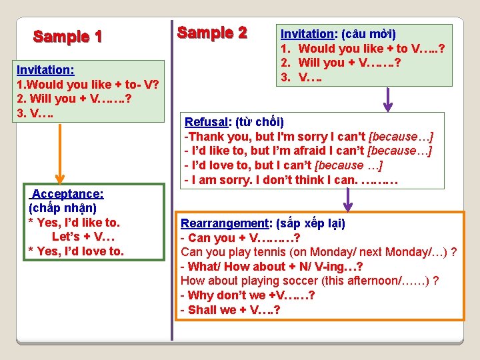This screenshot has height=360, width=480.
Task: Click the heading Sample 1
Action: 68,37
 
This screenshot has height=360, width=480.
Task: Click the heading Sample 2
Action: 212,33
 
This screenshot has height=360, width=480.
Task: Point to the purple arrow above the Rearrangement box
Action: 347,199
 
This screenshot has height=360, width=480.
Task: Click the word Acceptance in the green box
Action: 67,193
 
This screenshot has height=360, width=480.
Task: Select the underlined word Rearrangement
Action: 223,223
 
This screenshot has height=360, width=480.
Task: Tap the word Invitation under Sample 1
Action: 45,69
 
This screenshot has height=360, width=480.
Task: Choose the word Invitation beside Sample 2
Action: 307,33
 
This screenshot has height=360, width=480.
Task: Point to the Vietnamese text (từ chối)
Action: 259,122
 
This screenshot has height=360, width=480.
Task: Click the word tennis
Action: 275,252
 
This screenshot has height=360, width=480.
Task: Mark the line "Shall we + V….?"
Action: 229,310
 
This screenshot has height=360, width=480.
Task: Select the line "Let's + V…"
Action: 83,237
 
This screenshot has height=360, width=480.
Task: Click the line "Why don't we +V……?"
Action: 247,295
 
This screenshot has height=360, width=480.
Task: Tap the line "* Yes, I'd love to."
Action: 76,251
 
